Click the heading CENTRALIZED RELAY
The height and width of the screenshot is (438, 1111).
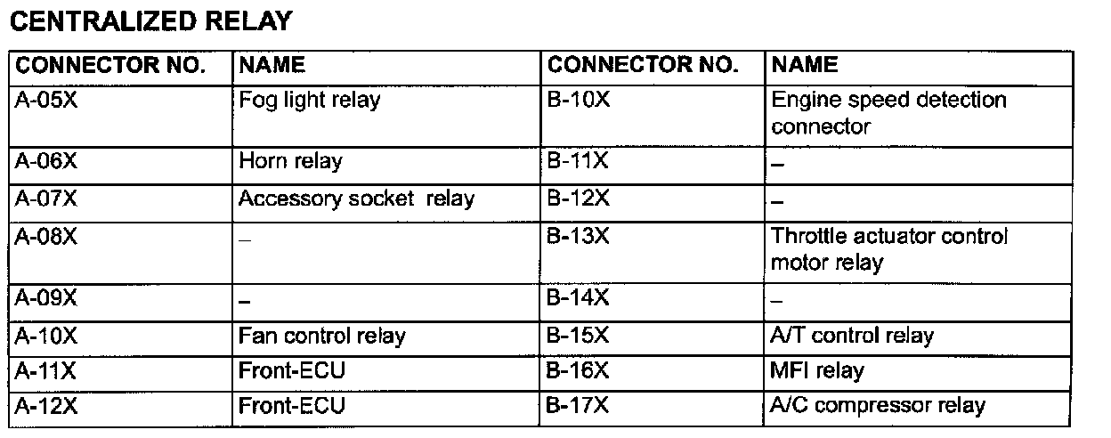(150, 21)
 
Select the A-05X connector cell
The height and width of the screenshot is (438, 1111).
(47, 99)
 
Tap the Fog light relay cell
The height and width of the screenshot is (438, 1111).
(309, 99)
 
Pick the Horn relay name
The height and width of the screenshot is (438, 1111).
(290, 162)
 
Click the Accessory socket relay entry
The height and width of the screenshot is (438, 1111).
(356, 198)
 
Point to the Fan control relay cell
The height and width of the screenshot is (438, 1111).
(321, 336)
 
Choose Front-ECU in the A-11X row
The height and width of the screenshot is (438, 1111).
(291, 370)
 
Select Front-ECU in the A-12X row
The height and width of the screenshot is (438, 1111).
(291, 406)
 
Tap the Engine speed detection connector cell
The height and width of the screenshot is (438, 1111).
(888, 112)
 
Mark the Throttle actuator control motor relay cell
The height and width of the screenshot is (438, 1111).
(889, 249)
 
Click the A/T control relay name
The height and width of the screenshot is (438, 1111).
(852, 336)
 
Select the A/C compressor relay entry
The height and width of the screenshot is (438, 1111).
(878, 406)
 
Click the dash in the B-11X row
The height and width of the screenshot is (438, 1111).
(776, 166)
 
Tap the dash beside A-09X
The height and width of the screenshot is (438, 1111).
(244, 304)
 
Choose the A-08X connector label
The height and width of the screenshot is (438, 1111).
(47, 236)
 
